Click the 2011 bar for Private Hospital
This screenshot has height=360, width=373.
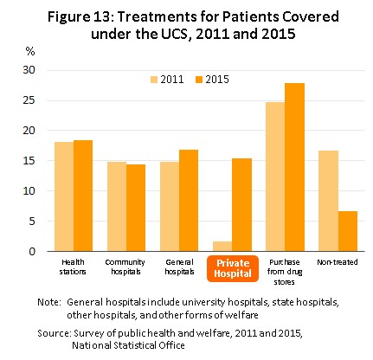(222, 246)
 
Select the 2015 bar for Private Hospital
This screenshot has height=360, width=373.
(241, 204)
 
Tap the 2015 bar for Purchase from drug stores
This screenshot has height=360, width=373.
(294, 167)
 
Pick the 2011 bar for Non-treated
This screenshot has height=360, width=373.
(328, 201)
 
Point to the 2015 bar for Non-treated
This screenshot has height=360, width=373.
(348, 231)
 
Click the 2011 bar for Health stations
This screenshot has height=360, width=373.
(64, 196)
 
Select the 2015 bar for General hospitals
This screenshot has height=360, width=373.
(189, 200)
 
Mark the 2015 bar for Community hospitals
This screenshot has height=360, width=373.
(136, 208)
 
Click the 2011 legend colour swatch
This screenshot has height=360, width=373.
(154, 80)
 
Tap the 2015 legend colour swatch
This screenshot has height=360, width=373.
(199, 80)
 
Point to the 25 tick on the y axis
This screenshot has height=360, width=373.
(29, 100)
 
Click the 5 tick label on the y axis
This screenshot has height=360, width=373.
(32, 222)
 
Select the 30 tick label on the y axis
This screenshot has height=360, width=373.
(29, 70)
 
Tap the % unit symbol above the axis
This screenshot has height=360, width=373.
(30, 52)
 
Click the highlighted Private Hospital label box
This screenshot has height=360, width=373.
(233, 268)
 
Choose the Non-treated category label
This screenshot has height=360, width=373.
(338, 262)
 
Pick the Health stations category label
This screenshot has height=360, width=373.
(73, 267)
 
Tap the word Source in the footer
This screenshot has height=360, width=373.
(55, 333)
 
